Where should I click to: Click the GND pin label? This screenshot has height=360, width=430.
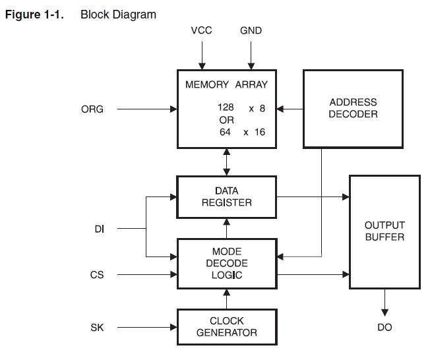point(251,30)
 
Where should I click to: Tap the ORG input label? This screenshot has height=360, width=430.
point(92,109)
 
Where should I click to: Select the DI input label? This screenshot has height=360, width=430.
point(100,229)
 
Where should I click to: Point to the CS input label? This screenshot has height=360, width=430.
point(97,274)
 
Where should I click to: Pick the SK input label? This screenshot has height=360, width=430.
point(97,327)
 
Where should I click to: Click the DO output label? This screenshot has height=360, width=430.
point(384,327)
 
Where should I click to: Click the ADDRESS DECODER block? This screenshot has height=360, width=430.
point(353,108)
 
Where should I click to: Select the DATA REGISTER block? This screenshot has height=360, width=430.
point(226,196)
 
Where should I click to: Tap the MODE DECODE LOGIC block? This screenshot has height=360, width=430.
point(226,263)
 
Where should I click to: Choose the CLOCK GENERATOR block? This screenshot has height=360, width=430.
point(226,327)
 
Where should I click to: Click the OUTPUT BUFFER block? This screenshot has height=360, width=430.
point(384,231)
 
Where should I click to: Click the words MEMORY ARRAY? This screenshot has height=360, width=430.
point(226,84)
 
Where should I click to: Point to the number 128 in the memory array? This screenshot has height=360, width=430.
point(226,107)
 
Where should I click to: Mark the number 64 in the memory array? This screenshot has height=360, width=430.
point(226,132)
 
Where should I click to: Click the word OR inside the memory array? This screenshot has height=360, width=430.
point(226,120)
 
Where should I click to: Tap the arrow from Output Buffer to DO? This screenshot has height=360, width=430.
point(384,303)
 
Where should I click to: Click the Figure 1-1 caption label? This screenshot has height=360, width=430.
point(34,15)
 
